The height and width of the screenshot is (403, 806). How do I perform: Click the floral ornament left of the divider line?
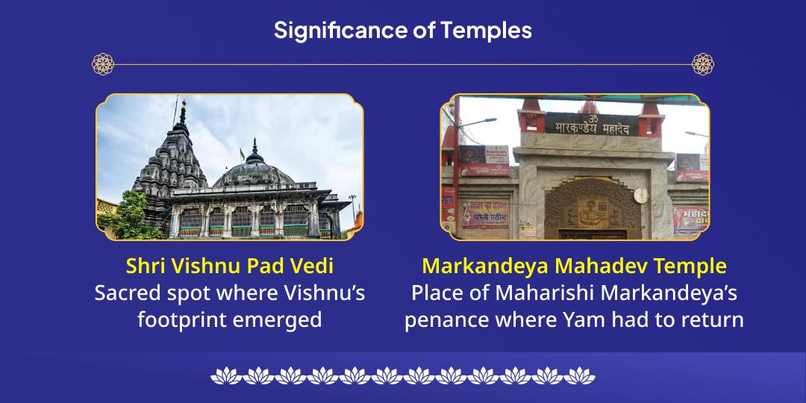(x=103, y=64)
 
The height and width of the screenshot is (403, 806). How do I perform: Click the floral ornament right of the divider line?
(x=702, y=64)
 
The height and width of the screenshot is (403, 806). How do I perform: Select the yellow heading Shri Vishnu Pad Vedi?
(x=229, y=266)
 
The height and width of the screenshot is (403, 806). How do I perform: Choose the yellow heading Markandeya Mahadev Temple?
(x=574, y=266)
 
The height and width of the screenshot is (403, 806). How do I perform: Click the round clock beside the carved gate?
(x=640, y=196)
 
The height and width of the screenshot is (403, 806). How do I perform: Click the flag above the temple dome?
(x=242, y=154)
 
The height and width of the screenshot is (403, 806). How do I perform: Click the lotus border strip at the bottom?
(x=402, y=375)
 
